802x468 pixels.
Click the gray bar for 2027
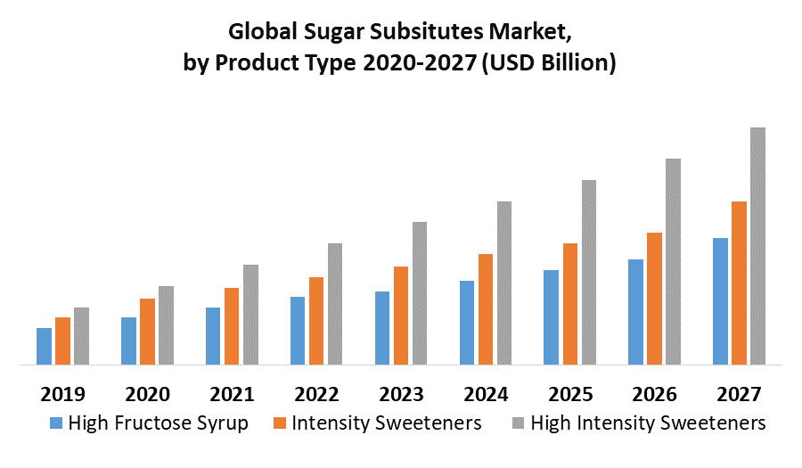pos(757,246)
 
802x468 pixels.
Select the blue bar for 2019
pos(44,346)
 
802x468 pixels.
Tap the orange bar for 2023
pos(401,316)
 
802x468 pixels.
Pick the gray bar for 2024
pos(504,283)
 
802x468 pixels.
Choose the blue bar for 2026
pos(635,312)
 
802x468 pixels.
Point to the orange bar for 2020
pos(147,332)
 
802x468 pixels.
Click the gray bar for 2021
pos(250,315)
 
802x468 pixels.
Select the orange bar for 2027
pos(739,283)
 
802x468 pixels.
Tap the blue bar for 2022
pos(298,331)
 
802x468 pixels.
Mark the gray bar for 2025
pos(589,272)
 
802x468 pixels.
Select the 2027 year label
pos(739,394)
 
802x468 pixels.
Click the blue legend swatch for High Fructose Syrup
pos(56,423)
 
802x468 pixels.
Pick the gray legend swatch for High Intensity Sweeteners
pos(518,423)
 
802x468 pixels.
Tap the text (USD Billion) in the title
pos(548,64)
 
